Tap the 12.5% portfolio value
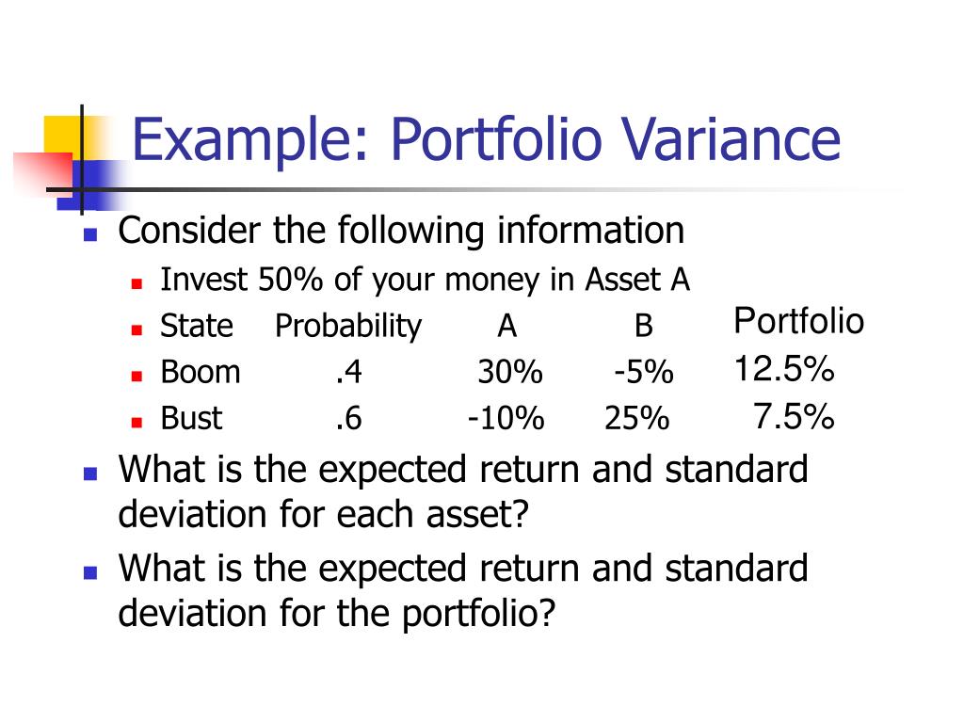click(784, 369)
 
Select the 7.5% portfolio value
click(793, 415)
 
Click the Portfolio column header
click(798, 322)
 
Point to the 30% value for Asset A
click(509, 373)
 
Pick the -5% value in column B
click(643, 373)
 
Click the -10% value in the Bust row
click(506, 419)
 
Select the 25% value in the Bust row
click(636, 419)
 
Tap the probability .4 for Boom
click(348, 373)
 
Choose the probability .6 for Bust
click(348, 419)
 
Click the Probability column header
click(348, 327)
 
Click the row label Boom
click(201, 373)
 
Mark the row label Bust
click(191, 419)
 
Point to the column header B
click(643, 327)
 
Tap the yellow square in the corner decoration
click(62, 133)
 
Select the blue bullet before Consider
click(90, 235)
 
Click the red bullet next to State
click(137, 329)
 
